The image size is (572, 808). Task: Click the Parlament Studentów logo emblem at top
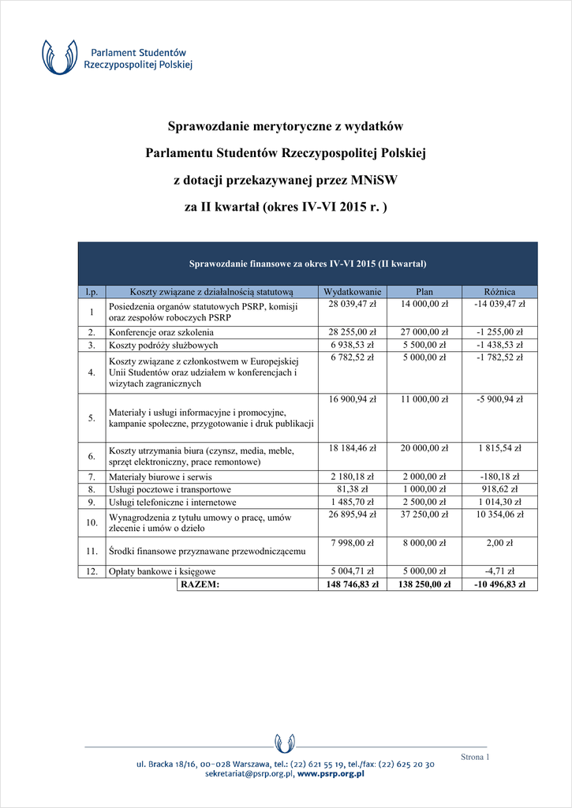(61, 58)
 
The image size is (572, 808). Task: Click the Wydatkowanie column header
(353, 291)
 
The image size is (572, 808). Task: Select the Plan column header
(424, 291)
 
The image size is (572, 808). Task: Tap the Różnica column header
(499, 291)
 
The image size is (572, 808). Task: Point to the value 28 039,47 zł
(352, 304)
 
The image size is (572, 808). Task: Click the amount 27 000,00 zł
(424, 332)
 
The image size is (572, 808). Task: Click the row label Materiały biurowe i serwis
(160, 477)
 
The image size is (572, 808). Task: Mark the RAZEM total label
(200, 585)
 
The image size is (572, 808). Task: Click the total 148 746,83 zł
(352, 585)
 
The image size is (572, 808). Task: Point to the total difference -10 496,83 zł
(499, 585)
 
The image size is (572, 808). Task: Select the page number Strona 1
(475, 757)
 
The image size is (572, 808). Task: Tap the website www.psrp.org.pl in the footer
(331, 774)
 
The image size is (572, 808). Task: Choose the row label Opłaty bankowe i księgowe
(163, 571)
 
